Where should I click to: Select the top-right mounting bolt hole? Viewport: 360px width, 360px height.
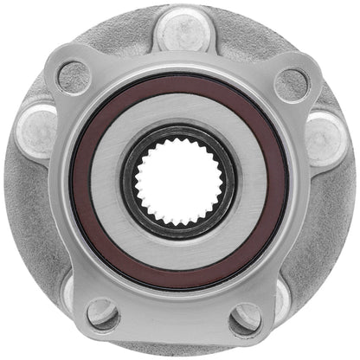point(292,83)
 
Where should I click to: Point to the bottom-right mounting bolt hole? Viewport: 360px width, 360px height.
point(246,318)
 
